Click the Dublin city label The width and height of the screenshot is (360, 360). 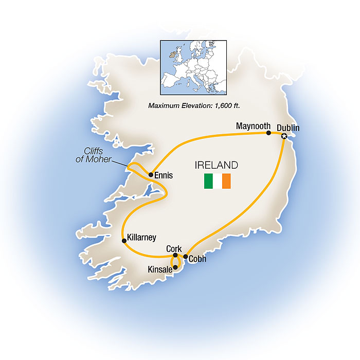point(288,127)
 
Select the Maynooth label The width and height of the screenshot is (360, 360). point(254,125)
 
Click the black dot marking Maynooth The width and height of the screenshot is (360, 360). point(268,133)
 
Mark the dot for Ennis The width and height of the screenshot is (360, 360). point(151,175)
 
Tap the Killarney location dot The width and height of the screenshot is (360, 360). point(123,240)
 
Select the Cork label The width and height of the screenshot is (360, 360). point(174,248)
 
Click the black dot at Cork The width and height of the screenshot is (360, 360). point(175,256)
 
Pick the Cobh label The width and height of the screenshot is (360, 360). point(197,259)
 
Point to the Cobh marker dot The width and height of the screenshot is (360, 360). point(186,256)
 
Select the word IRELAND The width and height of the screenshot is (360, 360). point(216,166)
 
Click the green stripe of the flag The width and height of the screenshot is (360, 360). point(208,182)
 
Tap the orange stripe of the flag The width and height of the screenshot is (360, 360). point(226,182)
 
